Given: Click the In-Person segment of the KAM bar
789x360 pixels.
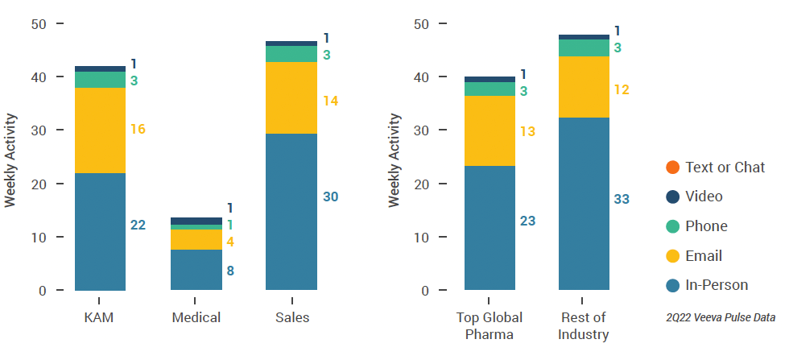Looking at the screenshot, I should point(100,231).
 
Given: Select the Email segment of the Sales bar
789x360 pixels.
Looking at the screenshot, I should point(291,97).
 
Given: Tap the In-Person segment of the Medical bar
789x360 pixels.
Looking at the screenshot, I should point(196,270).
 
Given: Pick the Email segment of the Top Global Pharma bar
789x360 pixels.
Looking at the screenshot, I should point(490,130).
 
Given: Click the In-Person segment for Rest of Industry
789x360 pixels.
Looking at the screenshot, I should point(584,204).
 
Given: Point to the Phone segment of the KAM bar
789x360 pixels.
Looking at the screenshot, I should point(100,80).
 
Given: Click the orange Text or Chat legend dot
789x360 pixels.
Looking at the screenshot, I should point(672,168).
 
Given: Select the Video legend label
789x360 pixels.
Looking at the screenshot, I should point(704,197).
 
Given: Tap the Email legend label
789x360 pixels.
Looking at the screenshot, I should point(703,255).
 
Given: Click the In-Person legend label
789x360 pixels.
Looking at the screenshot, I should point(717,285).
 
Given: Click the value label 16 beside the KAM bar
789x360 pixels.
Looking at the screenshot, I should point(138,129).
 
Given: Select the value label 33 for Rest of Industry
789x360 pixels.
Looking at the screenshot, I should point(622,199).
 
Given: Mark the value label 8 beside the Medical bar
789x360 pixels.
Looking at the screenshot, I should point(230,271).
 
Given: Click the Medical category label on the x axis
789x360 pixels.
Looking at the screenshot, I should point(196,317).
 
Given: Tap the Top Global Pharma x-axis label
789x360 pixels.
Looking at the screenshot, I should point(489,325).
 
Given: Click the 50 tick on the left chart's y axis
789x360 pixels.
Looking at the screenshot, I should point(38,24).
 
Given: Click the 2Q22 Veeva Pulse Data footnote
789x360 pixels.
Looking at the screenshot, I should point(721,318).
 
